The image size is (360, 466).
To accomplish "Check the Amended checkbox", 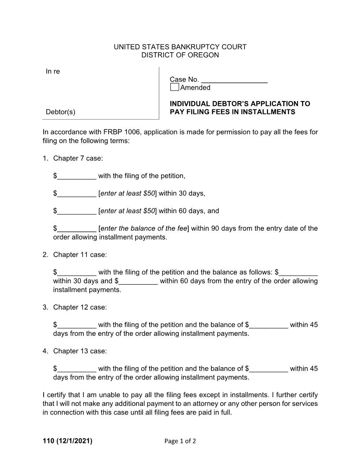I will (175, 87).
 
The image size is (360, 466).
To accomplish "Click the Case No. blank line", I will (234, 80).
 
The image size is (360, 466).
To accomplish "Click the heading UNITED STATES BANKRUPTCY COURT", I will (180, 47).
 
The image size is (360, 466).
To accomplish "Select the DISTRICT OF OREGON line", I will (180, 55).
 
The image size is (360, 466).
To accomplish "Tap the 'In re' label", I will (53, 71).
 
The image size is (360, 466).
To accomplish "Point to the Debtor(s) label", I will (60, 112).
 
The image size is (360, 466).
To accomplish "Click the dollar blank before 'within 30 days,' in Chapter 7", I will (77, 194).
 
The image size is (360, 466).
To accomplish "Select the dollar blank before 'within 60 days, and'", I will (77, 211).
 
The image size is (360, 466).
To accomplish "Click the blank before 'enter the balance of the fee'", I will (77, 229).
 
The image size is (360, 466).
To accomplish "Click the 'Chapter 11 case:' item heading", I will (80, 255).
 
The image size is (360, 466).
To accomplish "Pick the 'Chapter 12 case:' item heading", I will (80, 307).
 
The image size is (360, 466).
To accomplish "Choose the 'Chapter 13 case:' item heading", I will (80, 351).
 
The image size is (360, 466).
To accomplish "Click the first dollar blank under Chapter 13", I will (77, 369).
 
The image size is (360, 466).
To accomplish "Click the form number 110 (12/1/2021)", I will (67, 441).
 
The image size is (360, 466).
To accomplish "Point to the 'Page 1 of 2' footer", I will (180, 441).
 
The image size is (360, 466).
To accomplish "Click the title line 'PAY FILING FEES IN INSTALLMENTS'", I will (232, 112).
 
